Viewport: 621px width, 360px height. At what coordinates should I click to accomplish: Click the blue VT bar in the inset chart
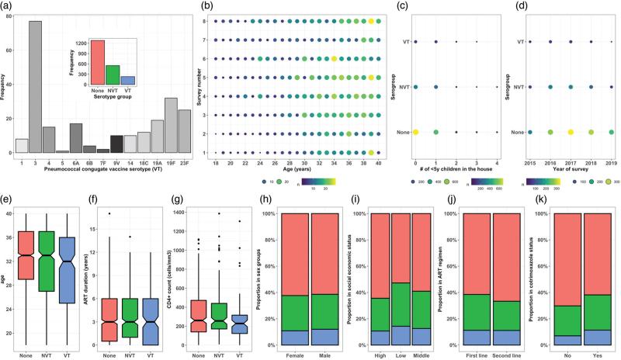pos(128,80)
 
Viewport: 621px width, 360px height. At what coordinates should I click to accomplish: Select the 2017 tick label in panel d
pos(571,165)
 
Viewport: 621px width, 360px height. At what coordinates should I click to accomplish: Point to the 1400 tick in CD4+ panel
pos(181,211)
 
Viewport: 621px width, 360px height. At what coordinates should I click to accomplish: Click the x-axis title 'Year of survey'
pos(571,176)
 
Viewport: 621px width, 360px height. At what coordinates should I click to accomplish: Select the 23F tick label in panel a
pos(184,162)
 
